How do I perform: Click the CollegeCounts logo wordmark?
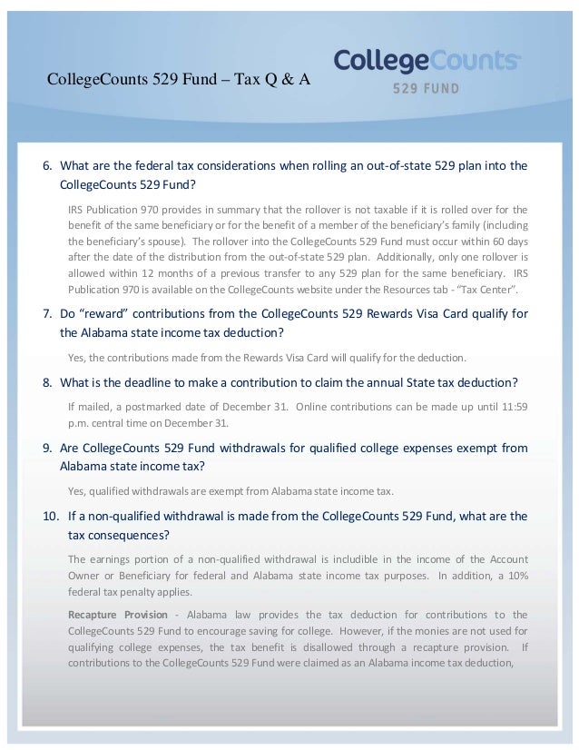[x=427, y=61]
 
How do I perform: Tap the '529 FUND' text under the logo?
[x=426, y=89]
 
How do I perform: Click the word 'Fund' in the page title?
[x=179, y=79]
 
